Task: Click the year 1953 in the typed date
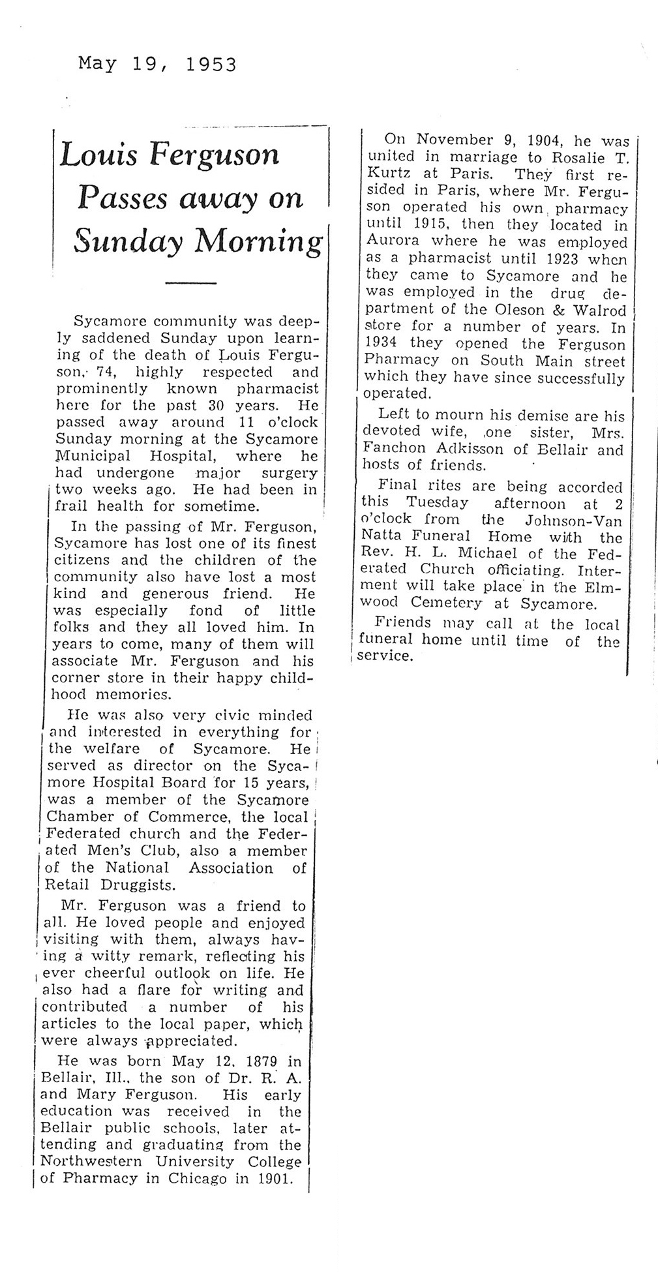tap(211, 65)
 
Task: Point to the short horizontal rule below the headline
tap(190, 282)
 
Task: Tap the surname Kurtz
tap(391, 174)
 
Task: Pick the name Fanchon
tap(395, 449)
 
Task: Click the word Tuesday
tap(437, 502)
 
